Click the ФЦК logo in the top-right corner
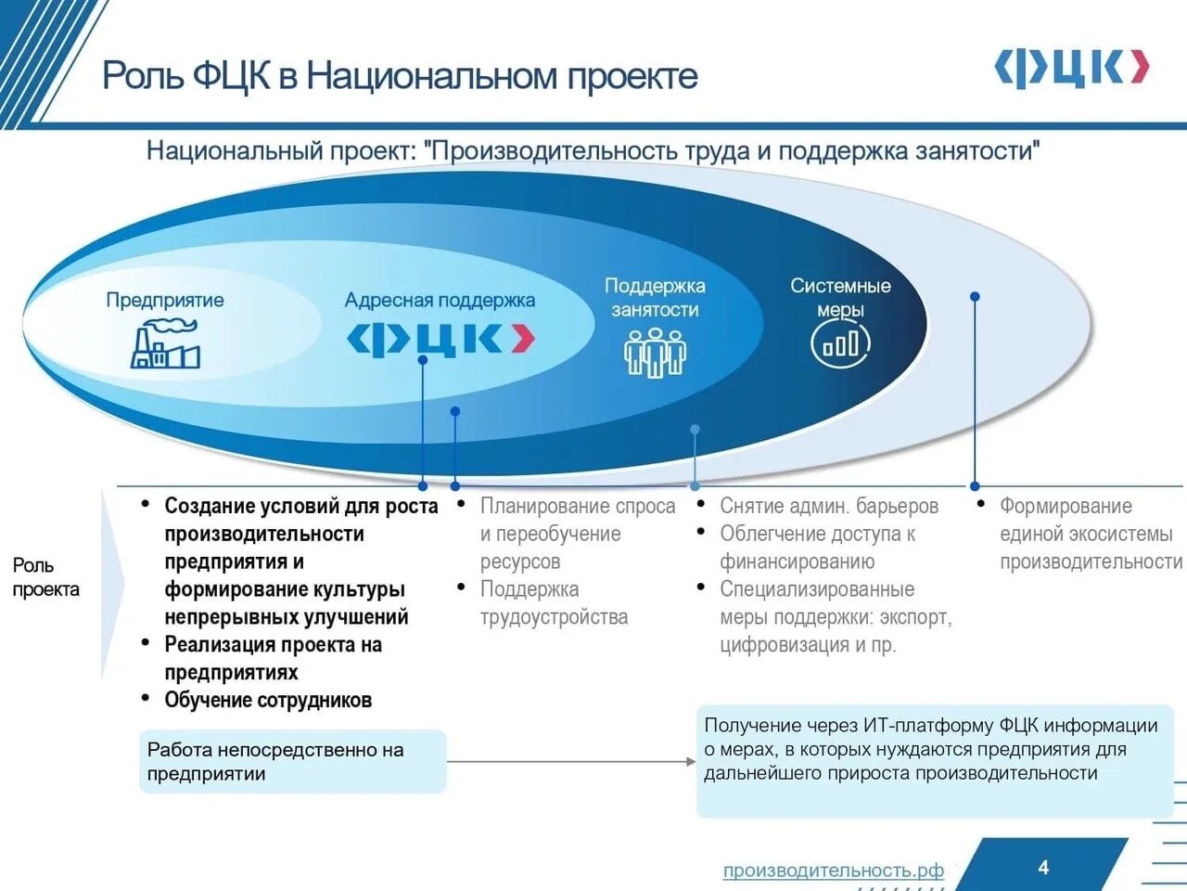point(1071,69)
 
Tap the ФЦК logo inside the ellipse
point(440,339)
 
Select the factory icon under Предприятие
point(166,344)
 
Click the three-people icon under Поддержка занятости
point(655,354)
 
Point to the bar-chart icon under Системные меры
point(840,344)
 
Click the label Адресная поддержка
point(440,300)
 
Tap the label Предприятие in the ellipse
point(164,300)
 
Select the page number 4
point(1043,867)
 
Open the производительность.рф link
point(833,871)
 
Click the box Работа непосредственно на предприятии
point(292,761)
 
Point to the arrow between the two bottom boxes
point(570,762)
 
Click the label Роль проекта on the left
point(45,577)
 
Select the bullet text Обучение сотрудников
point(268,700)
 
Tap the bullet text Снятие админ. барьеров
point(829,506)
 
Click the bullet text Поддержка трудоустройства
point(553,603)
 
